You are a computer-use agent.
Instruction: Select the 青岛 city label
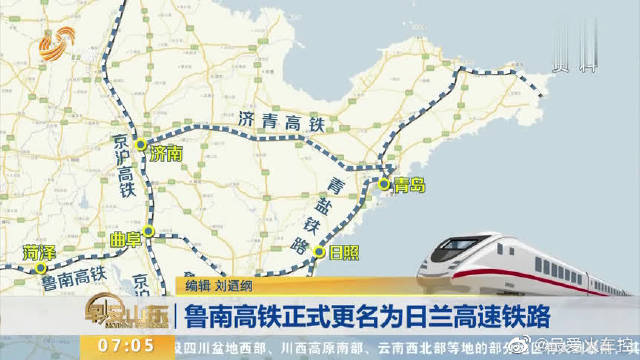click(409, 185)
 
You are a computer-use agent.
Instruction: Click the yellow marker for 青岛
click(384, 183)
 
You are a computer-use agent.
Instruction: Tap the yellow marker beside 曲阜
click(148, 232)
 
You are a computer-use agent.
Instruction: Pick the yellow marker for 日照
click(318, 252)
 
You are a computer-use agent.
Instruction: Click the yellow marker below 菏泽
click(40, 268)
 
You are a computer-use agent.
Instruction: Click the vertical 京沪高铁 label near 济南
click(125, 160)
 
